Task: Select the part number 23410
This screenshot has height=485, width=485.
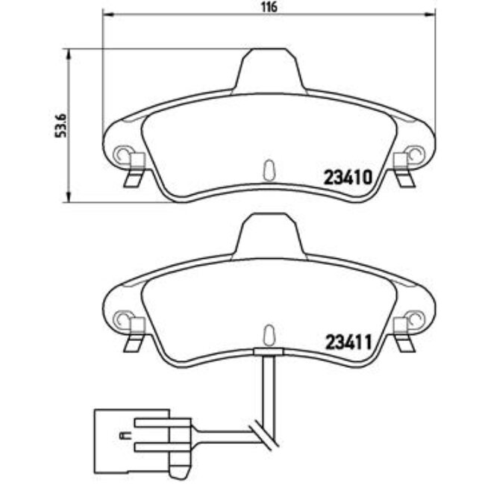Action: coord(347,178)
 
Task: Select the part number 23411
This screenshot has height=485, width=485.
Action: coord(347,343)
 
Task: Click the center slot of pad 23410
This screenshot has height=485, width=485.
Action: coord(269,169)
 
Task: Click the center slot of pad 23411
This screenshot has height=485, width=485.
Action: coord(269,334)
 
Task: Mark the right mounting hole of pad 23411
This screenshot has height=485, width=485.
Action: coord(416,319)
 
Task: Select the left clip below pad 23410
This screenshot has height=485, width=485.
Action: coord(134,175)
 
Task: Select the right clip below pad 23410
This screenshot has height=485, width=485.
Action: coord(404,175)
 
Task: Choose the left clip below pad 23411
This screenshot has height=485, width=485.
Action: coord(134,339)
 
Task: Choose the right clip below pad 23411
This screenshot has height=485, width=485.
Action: coord(404,339)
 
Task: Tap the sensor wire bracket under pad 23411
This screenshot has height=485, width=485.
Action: coord(269,351)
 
